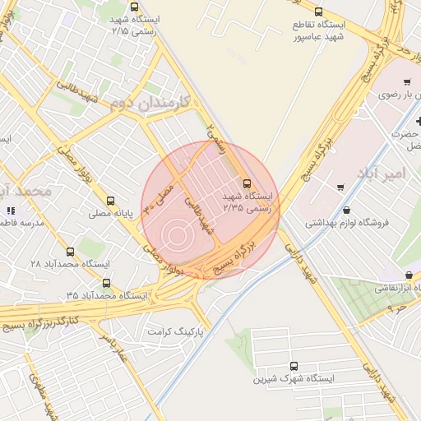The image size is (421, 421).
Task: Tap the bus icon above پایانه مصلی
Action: pos(111,200)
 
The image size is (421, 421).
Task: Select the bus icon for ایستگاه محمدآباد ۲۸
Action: pos(68,249)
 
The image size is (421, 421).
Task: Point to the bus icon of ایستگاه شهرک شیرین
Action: pos(294,366)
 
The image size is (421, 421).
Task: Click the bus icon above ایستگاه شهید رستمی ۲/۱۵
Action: pos(134,7)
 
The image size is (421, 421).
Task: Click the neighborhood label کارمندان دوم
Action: pos(150,103)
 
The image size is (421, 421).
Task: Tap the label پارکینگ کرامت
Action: pos(175,331)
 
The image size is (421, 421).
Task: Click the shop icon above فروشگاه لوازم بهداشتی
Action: pos(346,209)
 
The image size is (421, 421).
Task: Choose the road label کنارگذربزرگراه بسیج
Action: pos(51,317)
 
